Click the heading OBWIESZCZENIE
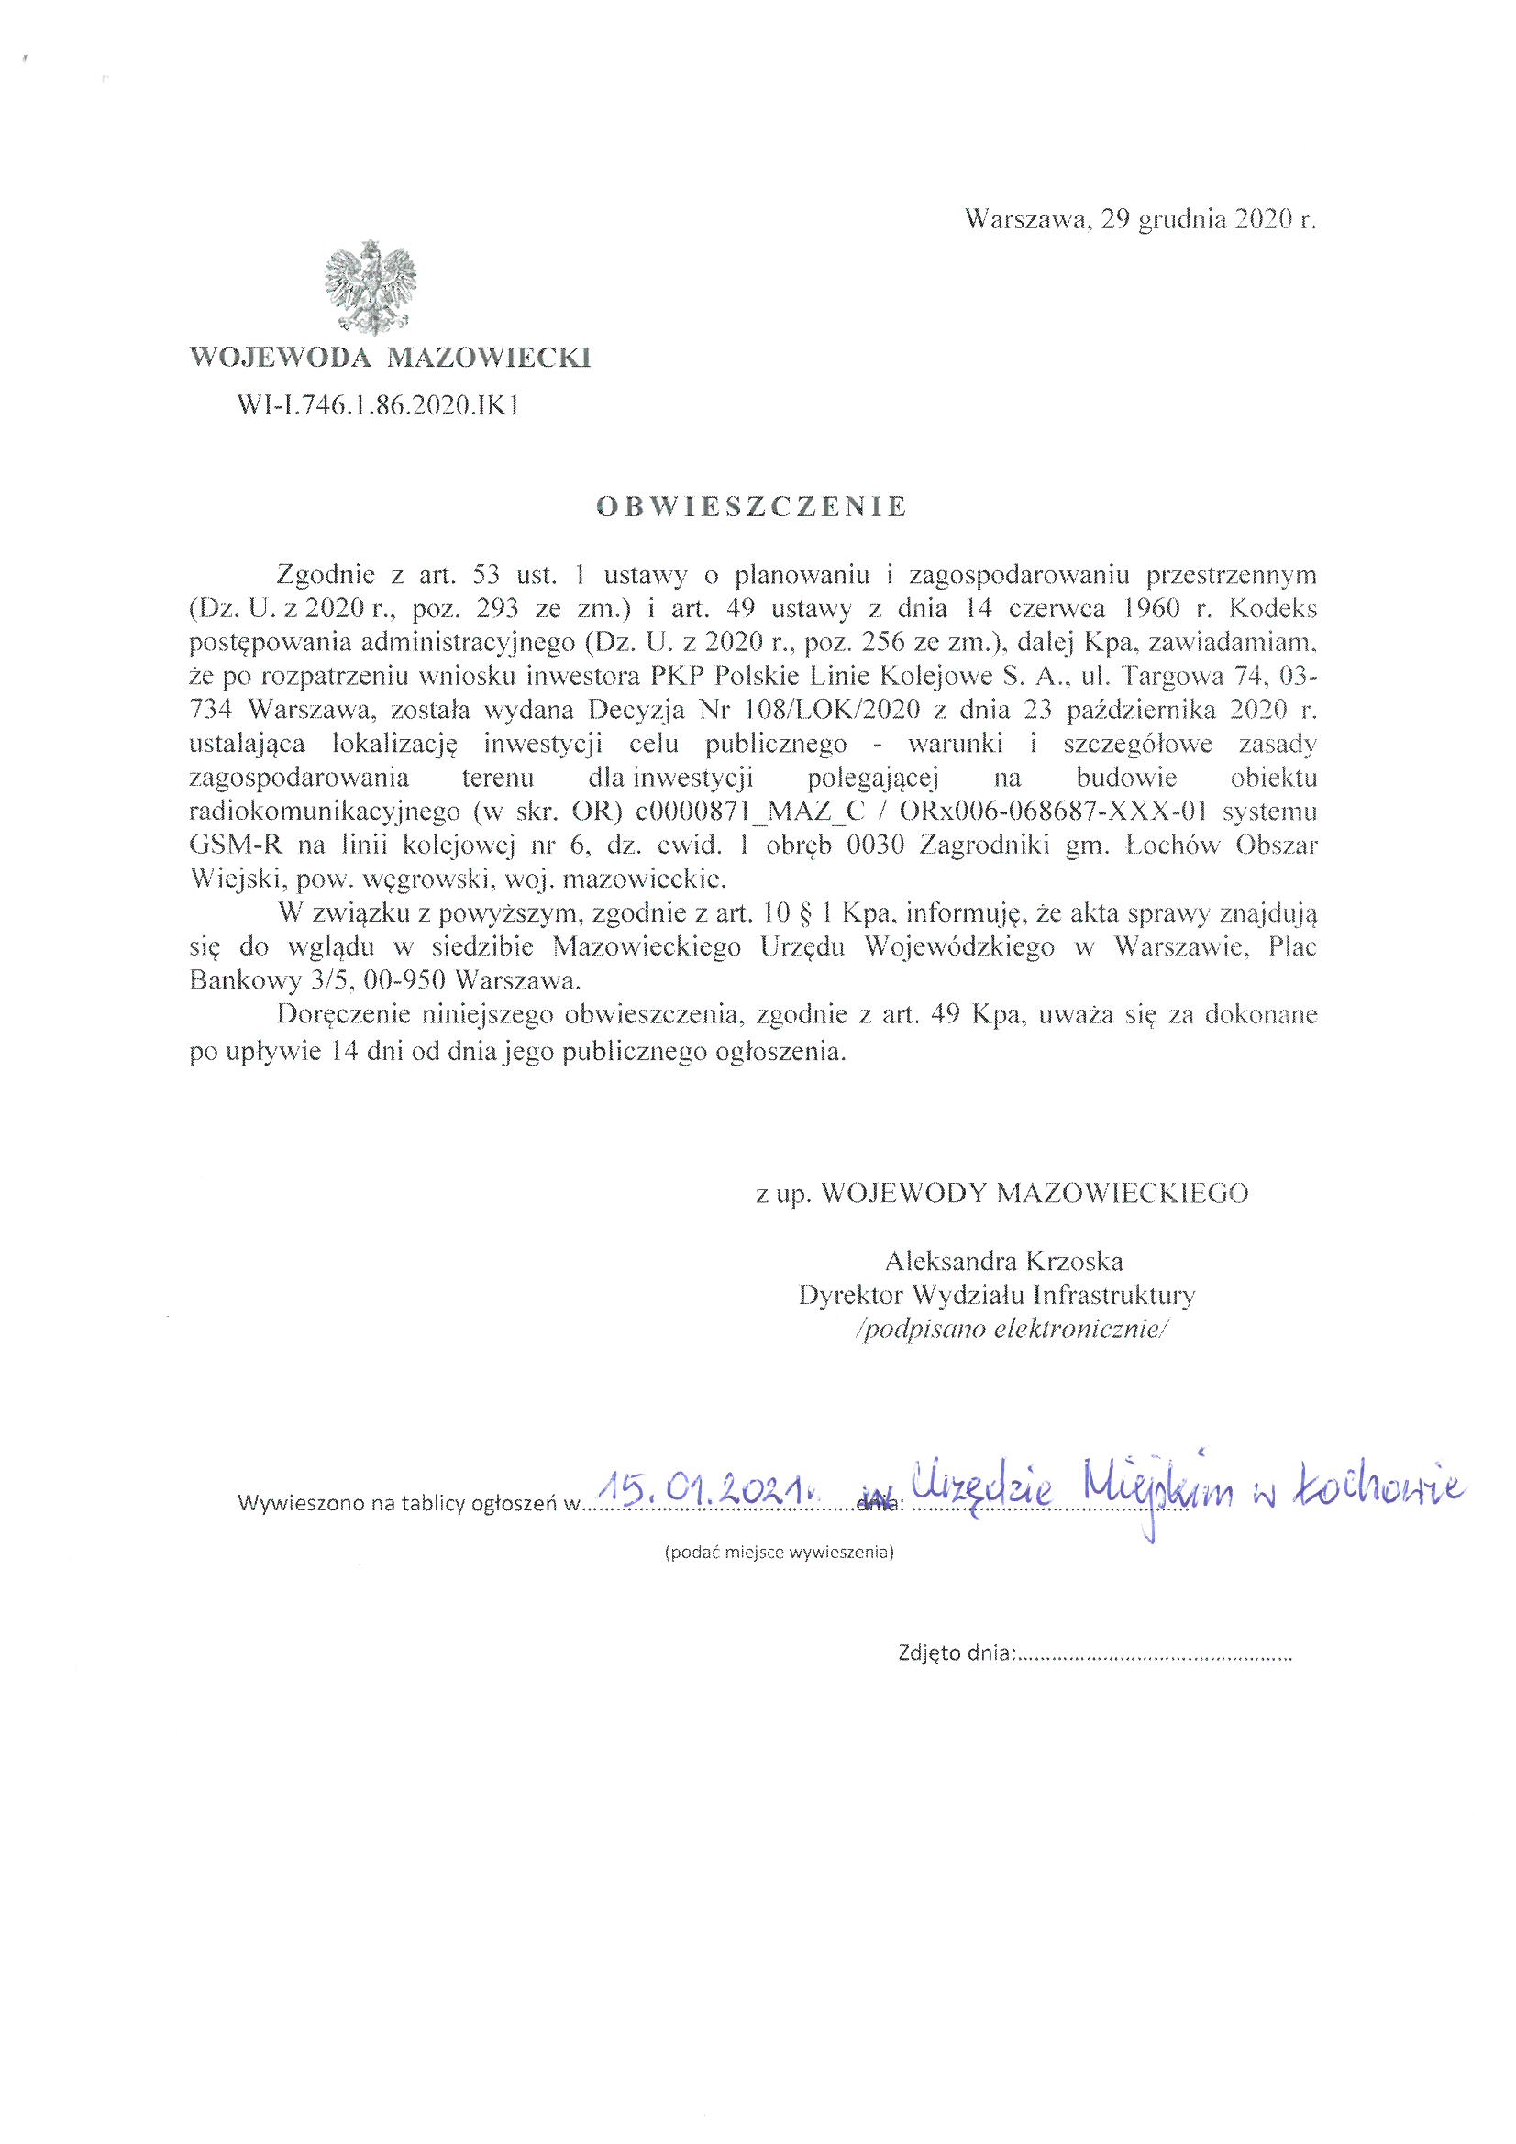point(751,507)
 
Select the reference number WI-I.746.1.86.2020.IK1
point(378,404)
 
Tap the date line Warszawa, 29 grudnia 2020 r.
point(1140,220)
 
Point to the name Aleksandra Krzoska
point(1004,1263)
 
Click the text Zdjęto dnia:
point(955,1652)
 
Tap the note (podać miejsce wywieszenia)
point(778,1553)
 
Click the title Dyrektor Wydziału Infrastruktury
point(998,1295)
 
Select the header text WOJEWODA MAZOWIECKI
point(391,358)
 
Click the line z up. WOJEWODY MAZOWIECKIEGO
point(1002,1194)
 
